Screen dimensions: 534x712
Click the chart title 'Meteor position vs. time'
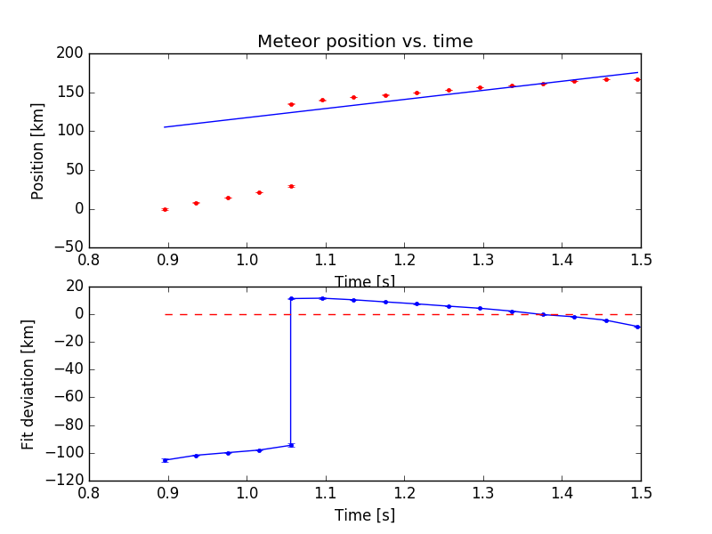[x=365, y=42]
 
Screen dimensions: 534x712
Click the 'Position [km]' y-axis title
[x=38, y=150]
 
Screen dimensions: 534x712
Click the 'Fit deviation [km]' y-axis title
[x=28, y=384]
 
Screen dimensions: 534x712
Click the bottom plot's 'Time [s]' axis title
[x=365, y=515]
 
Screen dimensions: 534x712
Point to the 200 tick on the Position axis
[x=73, y=53]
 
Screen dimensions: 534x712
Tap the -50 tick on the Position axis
[x=69, y=247]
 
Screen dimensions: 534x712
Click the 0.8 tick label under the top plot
[x=89, y=260]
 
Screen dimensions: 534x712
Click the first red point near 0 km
[x=165, y=209]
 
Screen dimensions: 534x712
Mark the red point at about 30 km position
[x=291, y=186]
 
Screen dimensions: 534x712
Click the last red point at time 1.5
[x=637, y=79]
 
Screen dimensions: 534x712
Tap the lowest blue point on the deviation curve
[x=165, y=460]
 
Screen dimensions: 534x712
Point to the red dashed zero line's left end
[x=166, y=314]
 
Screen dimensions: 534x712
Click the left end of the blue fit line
[x=165, y=127]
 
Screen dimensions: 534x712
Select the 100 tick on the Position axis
[x=73, y=131]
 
